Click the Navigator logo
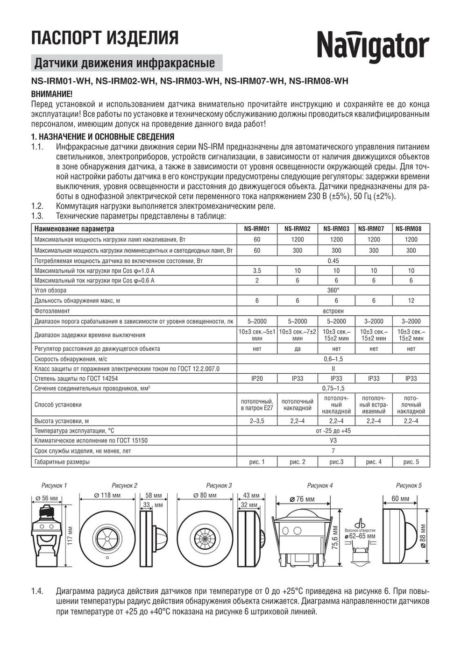[x=373, y=47]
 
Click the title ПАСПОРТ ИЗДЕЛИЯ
[x=105, y=37]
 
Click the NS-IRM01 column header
[x=257, y=229]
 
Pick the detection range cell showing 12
[x=411, y=301]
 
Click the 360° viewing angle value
[x=333, y=291]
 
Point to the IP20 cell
[x=257, y=378]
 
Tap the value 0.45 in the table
[x=333, y=261]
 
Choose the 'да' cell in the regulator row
[x=298, y=349]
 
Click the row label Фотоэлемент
[x=52, y=311]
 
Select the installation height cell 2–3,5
[x=257, y=421]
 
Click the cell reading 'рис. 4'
[x=374, y=462]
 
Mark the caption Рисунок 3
[x=219, y=485]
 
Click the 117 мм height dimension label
[x=71, y=535]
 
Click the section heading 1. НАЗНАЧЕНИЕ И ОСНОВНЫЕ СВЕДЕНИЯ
[x=103, y=137]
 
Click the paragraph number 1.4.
[x=37, y=591]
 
